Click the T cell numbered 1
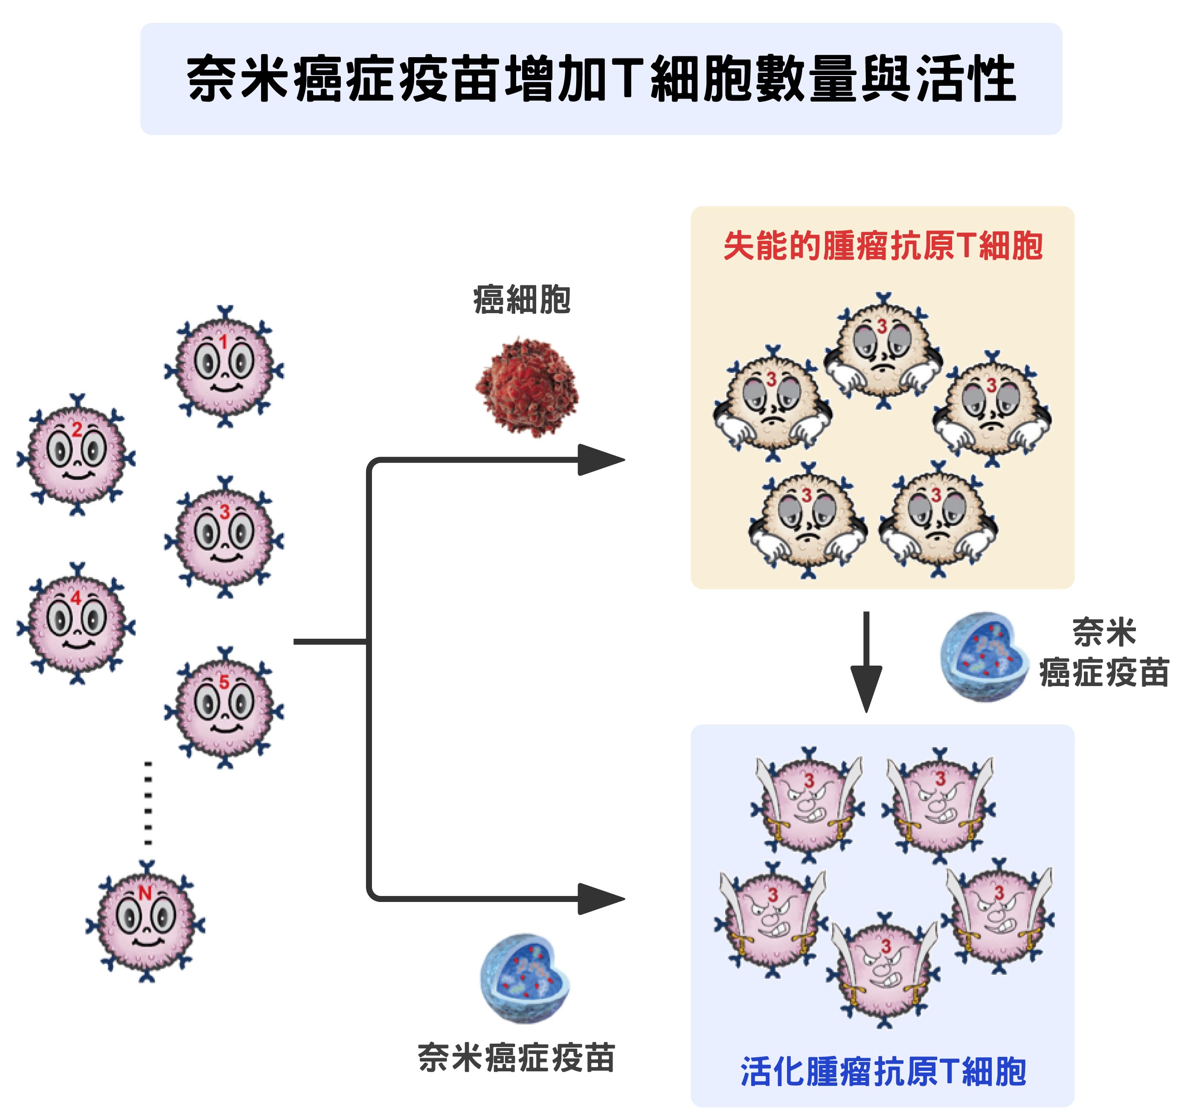click(224, 367)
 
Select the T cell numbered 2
click(76, 455)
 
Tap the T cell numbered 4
click(76, 623)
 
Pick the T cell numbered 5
click(224, 707)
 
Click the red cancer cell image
click(527, 387)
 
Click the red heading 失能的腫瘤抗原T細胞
click(883, 246)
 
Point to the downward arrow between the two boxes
click(866, 662)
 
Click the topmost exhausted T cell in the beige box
click(883, 350)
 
